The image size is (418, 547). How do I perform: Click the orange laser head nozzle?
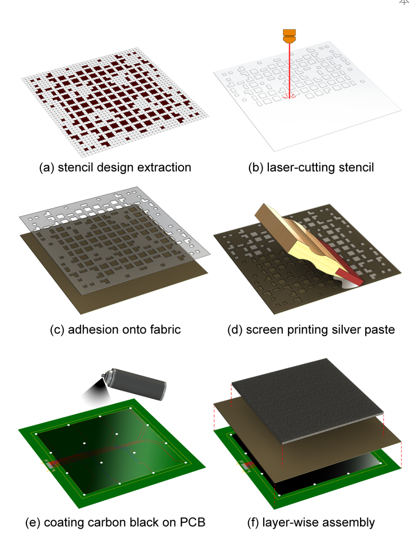pyautogui.click(x=289, y=36)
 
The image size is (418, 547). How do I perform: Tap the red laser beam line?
pyautogui.click(x=289, y=71)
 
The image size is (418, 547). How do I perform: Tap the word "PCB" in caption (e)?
pyautogui.click(x=192, y=522)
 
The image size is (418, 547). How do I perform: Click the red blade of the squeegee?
pyautogui.click(x=341, y=263)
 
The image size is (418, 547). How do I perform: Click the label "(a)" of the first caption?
pyautogui.click(x=47, y=168)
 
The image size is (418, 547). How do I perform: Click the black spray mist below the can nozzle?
pyautogui.click(x=96, y=390)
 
